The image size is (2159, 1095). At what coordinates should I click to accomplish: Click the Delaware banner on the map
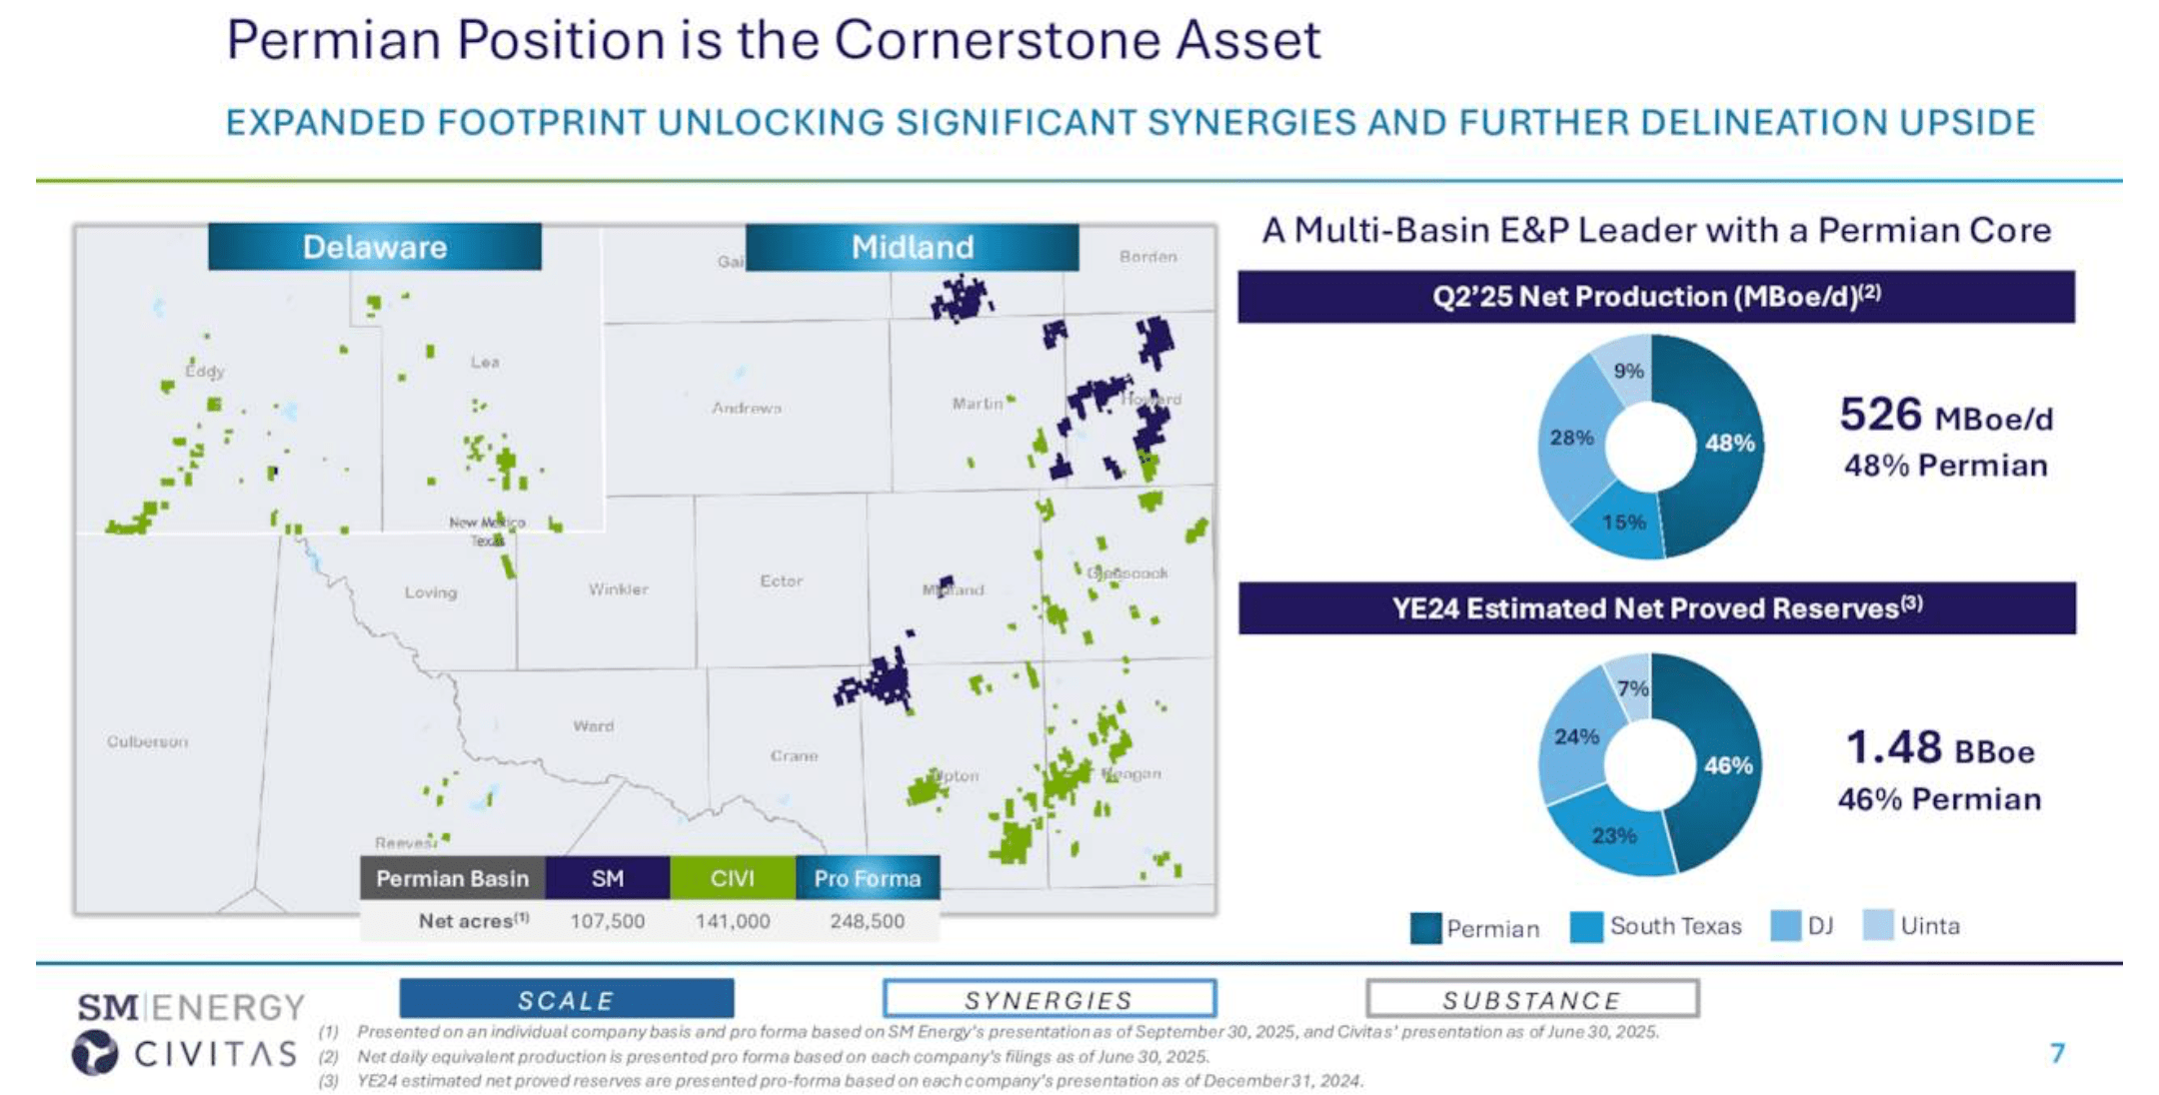375,247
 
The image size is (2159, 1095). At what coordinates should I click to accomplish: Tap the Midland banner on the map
912,247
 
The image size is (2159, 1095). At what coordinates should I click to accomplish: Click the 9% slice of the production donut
1627,371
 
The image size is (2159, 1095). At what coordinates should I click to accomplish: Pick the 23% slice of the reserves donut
1613,835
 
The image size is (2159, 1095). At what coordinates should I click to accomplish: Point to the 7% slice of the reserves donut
1632,687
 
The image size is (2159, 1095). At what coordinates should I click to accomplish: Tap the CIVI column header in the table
732,878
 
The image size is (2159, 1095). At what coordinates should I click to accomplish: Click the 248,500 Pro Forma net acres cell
867,921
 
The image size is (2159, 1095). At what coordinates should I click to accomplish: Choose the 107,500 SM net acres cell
607,921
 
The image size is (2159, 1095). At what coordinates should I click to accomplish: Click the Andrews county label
747,408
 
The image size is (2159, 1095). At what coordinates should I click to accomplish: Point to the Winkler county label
618,589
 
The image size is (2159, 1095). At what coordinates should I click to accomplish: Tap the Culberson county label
147,741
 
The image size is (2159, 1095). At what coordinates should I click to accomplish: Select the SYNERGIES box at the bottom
1049,999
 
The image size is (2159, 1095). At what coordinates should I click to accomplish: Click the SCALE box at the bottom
566,999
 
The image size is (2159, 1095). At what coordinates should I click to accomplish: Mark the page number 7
2057,1053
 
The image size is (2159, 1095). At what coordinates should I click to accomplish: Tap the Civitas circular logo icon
95,1053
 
